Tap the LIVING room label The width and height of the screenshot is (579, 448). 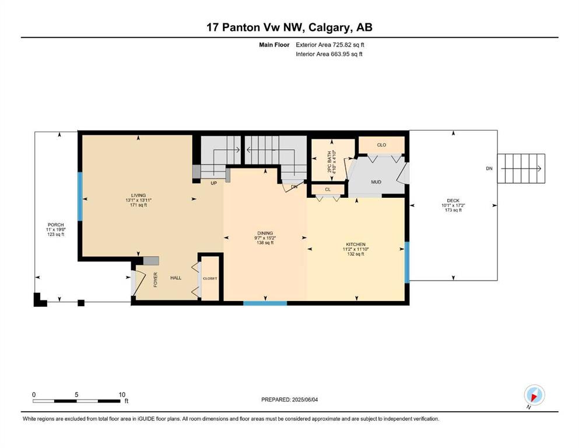pyautogui.click(x=138, y=195)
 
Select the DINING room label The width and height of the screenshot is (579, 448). pyautogui.click(x=265, y=233)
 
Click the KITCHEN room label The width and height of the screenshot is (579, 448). pyautogui.click(x=356, y=244)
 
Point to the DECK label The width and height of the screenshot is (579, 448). pyautogui.click(x=453, y=201)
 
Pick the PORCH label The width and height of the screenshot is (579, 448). pyautogui.click(x=56, y=225)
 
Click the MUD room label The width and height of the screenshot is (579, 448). pyautogui.click(x=376, y=182)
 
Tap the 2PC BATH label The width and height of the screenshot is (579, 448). pyautogui.click(x=329, y=162)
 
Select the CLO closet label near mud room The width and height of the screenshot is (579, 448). pyautogui.click(x=381, y=145)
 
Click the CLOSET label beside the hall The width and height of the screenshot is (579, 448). pyautogui.click(x=210, y=278)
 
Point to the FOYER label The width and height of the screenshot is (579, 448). pyautogui.click(x=156, y=279)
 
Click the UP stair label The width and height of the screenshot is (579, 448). pyautogui.click(x=214, y=183)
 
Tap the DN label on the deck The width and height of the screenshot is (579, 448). pyautogui.click(x=489, y=169)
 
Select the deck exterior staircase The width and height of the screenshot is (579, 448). pyautogui.click(x=521, y=169)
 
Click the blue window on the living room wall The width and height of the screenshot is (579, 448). pyautogui.click(x=80, y=197)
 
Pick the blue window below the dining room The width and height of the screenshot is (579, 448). pyautogui.click(x=265, y=303)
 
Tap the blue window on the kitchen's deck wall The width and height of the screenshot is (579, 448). pyautogui.click(x=407, y=262)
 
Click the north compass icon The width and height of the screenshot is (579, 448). pyautogui.click(x=534, y=395)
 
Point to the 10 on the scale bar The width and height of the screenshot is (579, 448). pyautogui.click(x=122, y=394)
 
